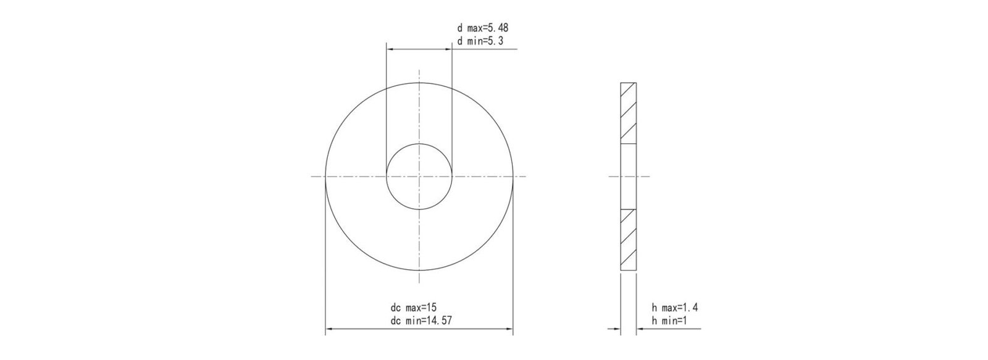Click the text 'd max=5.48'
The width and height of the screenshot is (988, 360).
click(x=482, y=28)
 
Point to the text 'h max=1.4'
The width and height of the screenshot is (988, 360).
click(x=675, y=308)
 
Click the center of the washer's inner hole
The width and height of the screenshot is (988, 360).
click(x=419, y=177)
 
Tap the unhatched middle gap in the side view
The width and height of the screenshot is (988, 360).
click(x=628, y=177)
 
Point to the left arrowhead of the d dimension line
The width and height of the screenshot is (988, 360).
click(x=390, y=48)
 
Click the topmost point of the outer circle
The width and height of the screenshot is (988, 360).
click(x=419, y=83)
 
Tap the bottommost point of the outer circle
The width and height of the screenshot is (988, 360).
click(x=419, y=271)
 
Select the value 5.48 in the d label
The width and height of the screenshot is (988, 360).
click(x=497, y=28)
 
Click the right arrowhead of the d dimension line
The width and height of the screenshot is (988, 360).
click(x=448, y=48)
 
